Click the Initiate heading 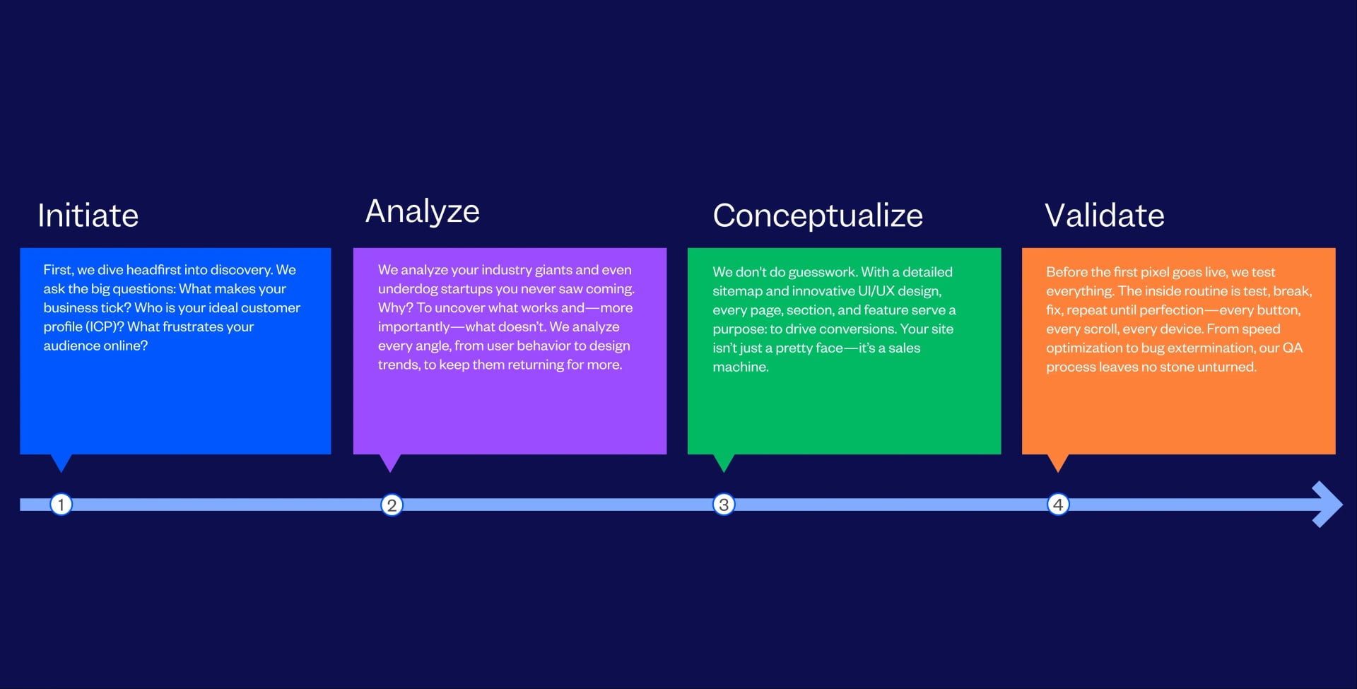pos(88,216)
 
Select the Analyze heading pos(422,211)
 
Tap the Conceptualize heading pos(817,216)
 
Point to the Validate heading pos(1104,216)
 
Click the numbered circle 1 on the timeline pos(61,504)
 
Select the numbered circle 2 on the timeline pos(392,505)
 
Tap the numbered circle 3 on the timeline pos(724,505)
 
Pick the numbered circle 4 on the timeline pos(1058,505)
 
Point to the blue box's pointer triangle pos(61,461)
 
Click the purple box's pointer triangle pos(390,461)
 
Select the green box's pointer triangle pos(724,461)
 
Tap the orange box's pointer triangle pos(1057,461)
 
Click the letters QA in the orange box pos(1293,348)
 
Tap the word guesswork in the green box pos(821,272)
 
